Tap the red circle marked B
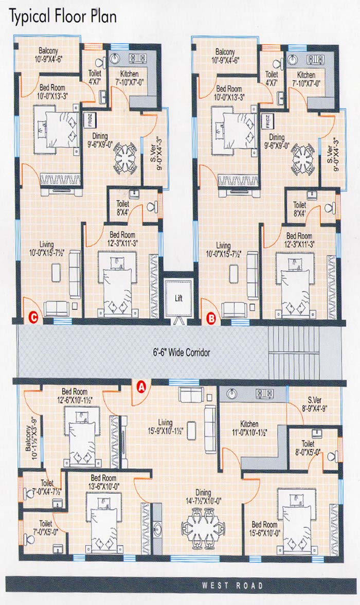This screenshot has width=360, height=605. tap(211, 319)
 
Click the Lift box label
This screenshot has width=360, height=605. tap(178, 298)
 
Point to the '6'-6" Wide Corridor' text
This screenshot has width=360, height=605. tap(182, 352)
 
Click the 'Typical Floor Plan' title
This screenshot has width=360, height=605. tap(63, 17)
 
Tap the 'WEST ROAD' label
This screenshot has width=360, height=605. tap(232, 585)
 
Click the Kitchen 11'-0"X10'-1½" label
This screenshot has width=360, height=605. tap(249, 428)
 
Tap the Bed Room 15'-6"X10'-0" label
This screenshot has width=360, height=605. tap(265, 529)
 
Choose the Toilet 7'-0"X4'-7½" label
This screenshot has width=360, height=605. tap(47, 487)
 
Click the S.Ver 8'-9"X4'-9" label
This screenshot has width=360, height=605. tap(314, 404)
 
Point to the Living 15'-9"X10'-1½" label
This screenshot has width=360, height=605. tap(165, 427)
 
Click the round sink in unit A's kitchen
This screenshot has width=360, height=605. tap(231, 394)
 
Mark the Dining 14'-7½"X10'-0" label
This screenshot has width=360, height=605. tap(203, 496)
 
